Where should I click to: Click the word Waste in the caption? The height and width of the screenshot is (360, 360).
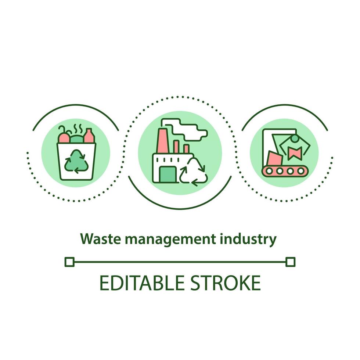click(x=101, y=239)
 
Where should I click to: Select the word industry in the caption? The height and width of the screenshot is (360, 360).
click(x=248, y=240)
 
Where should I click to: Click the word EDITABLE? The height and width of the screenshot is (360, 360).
click(x=142, y=283)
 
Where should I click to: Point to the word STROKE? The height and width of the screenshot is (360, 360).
click(x=226, y=283)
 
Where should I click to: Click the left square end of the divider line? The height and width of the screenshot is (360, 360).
click(x=69, y=262)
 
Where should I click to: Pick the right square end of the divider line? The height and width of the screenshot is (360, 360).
click(x=291, y=262)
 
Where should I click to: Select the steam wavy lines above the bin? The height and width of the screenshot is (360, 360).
click(x=77, y=129)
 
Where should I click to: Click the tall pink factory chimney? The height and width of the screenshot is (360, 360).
click(x=162, y=141)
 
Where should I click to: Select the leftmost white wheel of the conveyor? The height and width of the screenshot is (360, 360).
click(x=269, y=171)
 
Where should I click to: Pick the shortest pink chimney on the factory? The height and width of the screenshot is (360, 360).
click(x=186, y=149)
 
